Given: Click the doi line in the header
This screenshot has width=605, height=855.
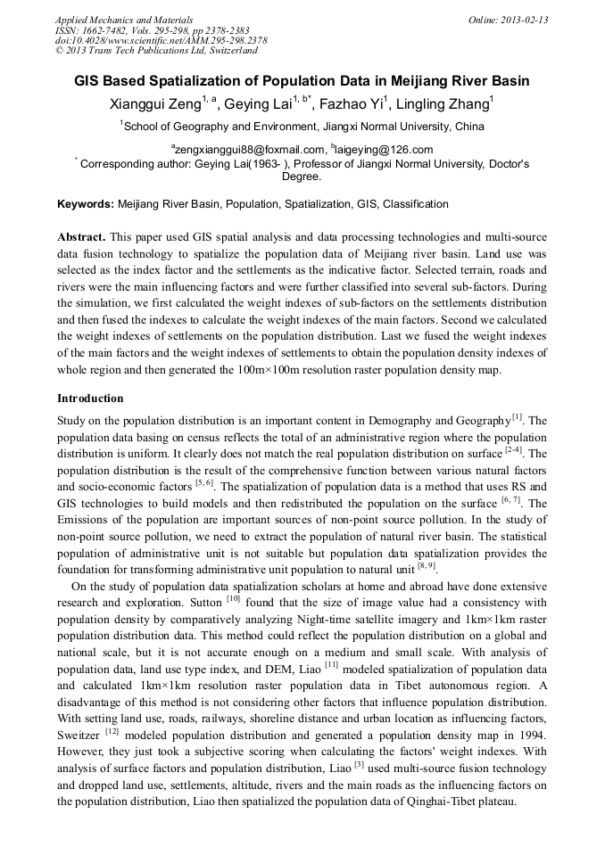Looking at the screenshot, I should [x=161, y=40].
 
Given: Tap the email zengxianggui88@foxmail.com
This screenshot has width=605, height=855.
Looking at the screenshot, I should [x=251, y=150].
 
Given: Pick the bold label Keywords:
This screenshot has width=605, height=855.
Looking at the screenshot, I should [x=86, y=204].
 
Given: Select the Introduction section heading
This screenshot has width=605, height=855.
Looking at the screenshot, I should [x=90, y=399].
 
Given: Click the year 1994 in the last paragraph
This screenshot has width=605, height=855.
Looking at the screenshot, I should [x=531, y=733].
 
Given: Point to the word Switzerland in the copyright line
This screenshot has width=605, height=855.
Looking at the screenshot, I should [x=227, y=51].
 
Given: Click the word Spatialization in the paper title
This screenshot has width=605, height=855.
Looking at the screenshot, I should [x=219, y=81].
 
